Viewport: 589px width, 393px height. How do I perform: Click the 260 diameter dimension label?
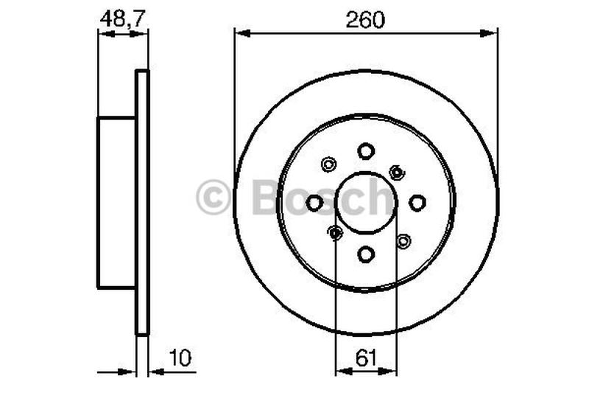(366, 20)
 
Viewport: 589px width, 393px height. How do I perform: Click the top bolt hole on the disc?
(366, 150)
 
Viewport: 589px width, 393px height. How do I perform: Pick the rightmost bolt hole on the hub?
(417, 202)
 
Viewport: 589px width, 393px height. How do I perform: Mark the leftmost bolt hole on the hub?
(314, 202)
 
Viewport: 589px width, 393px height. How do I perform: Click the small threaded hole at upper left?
(329, 165)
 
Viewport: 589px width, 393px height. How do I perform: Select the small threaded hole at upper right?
(397, 172)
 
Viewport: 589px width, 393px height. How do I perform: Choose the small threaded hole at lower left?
(336, 234)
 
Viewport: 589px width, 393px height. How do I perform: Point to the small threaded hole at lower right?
(403, 240)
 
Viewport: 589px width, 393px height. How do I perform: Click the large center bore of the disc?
(366, 202)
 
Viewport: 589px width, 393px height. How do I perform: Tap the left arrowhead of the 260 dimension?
(240, 32)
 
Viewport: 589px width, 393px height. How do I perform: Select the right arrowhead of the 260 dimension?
(492, 32)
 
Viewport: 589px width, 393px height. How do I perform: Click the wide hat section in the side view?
(116, 202)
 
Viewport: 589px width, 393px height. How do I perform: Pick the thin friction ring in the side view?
(143, 202)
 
